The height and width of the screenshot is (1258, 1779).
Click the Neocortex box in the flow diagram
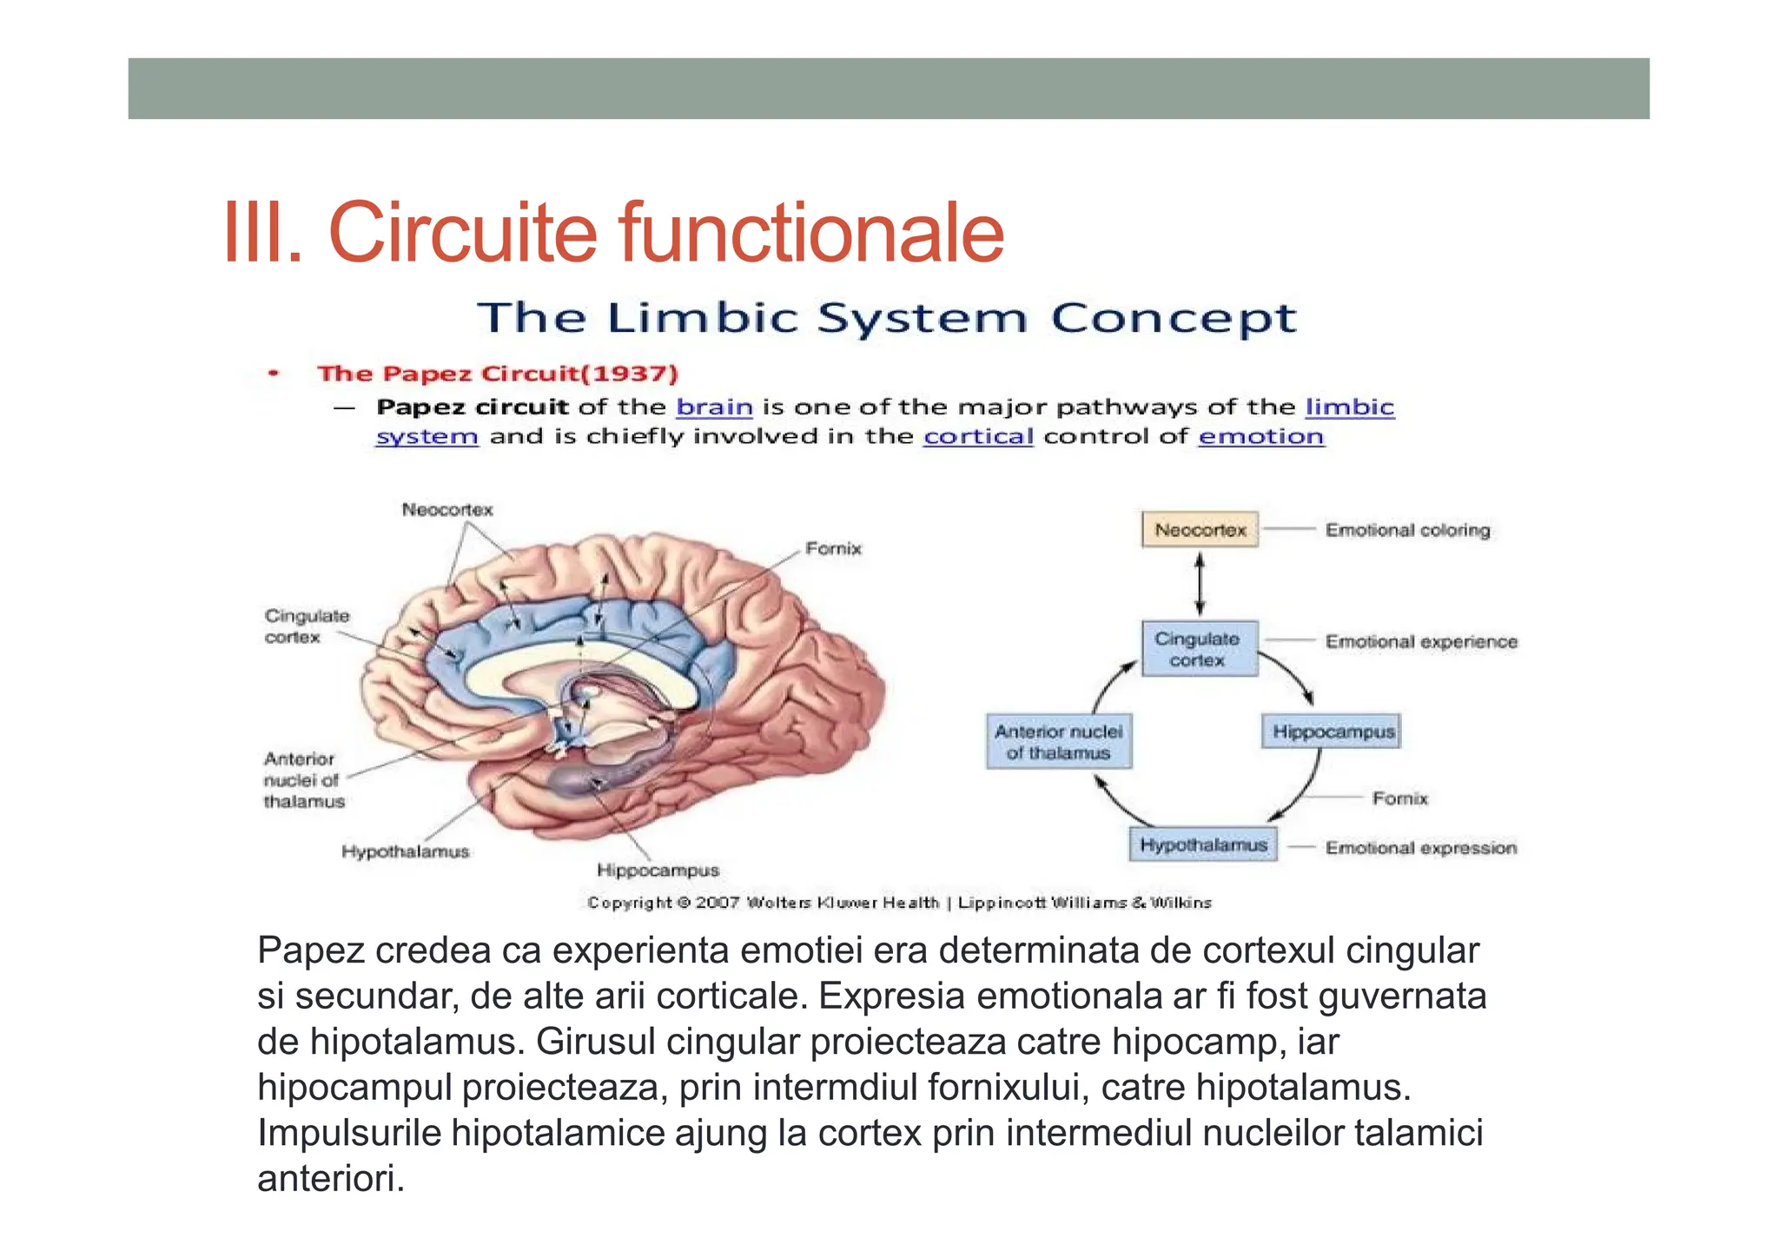click(x=1200, y=530)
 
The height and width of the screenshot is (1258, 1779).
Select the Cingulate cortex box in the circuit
click(x=1199, y=649)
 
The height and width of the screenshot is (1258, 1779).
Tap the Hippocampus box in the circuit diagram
click(x=1332, y=732)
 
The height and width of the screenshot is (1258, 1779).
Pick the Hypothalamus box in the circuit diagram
click(x=1203, y=844)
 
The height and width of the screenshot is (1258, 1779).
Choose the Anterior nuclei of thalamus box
click(x=1058, y=742)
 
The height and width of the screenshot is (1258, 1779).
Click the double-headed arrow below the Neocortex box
click(x=1200, y=585)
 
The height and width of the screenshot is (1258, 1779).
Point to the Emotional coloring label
click(x=1407, y=530)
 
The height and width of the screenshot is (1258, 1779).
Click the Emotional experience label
click(x=1421, y=642)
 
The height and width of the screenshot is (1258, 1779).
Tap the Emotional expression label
click(x=1420, y=848)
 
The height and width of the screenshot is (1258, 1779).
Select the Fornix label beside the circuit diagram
click(x=1399, y=798)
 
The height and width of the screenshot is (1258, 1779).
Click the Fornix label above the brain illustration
click(x=833, y=548)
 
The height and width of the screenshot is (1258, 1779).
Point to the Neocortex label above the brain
click(x=446, y=510)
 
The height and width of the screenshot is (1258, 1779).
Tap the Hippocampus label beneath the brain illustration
click(x=658, y=871)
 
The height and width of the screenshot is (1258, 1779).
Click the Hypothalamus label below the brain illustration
click(x=405, y=851)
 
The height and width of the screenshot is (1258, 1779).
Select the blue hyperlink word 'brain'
click(x=714, y=407)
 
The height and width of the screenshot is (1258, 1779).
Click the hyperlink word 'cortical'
click(x=978, y=436)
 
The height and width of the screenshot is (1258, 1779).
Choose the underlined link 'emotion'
click(x=1260, y=436)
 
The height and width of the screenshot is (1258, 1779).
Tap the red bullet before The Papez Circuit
click(x=274, y=374)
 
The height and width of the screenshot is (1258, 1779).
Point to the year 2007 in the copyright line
click(x=717, y=903)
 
